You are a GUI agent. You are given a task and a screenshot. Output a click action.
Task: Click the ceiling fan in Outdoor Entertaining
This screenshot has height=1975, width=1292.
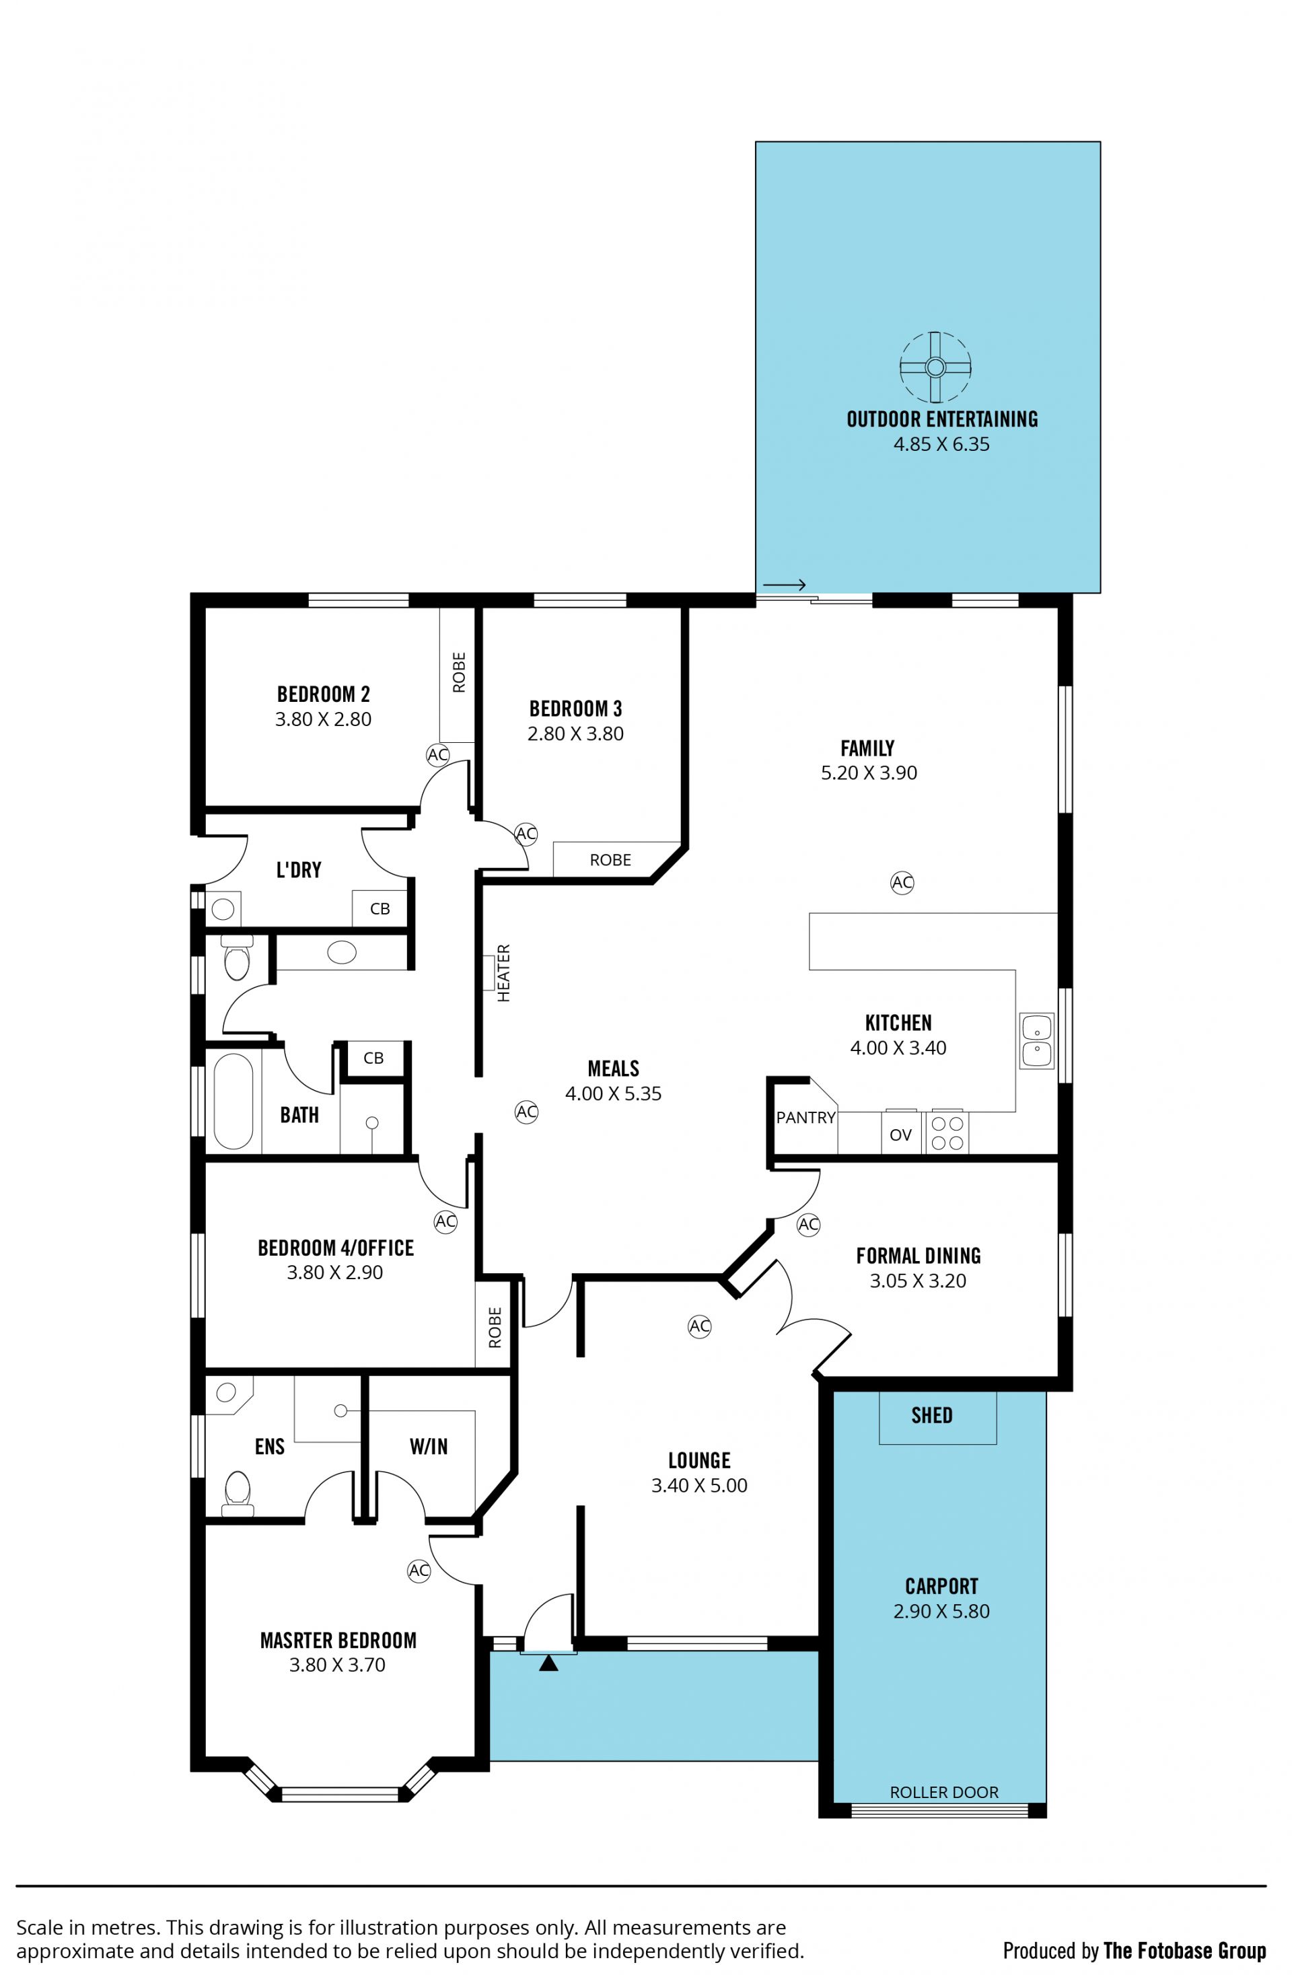point(935,367)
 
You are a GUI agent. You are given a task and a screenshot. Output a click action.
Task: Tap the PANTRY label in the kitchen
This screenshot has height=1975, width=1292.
point(805,1118)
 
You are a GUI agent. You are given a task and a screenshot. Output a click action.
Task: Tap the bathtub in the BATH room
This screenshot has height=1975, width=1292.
point(234,1101)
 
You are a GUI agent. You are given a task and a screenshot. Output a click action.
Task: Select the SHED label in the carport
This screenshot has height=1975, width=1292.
point(932,1415)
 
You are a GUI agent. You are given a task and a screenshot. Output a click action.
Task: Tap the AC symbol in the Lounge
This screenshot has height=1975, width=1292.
point(700,1326)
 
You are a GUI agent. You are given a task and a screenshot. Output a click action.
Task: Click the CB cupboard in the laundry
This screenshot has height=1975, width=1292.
point(380,908)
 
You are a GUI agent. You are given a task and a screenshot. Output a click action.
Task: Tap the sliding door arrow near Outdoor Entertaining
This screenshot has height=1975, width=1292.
point(784,585)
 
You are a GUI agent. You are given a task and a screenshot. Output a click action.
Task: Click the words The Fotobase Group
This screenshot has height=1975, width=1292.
point(1185,1951)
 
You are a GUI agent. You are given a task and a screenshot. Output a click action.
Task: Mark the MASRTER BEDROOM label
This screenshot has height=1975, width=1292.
point(338,1640)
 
